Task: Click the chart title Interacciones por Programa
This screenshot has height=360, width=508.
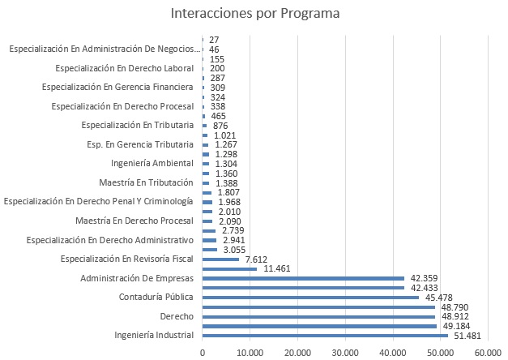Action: pos(255,14)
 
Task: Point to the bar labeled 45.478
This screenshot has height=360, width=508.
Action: pos(310,297)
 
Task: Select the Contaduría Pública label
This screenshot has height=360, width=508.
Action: pos(156,297)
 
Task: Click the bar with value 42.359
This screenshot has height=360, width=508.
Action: pos(303,278)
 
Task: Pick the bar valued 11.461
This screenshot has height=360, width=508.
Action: pos(229,268)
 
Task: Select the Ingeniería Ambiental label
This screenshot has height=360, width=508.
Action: pos(152,163)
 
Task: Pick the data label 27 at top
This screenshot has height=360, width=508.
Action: pos(214,40)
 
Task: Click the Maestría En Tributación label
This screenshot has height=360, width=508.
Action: pos(146,182)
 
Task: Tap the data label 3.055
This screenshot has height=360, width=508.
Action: pos(233,250)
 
